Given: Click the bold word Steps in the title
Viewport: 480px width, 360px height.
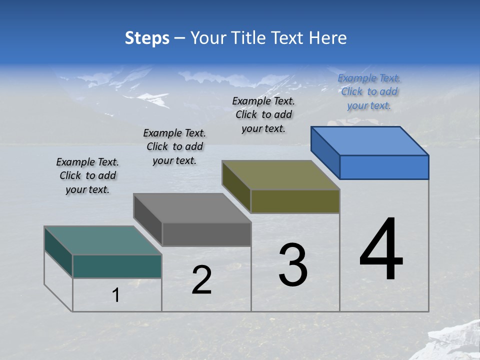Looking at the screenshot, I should pos(146,38).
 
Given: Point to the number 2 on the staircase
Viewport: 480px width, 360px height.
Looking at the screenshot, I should pos(202,280).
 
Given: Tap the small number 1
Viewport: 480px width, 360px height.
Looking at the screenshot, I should pos(116,295).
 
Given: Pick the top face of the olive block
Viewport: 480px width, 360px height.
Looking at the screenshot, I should pos(280,175).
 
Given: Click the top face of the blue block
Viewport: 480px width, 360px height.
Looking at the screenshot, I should pos(369,141).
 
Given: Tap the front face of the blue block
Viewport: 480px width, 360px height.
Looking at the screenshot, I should pos(384,167).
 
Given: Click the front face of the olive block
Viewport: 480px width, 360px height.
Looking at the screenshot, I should pos(295,201).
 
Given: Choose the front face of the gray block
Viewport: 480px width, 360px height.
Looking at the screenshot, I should pos(206,234).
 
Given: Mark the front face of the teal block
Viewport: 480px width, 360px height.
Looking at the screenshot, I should pos(117,266).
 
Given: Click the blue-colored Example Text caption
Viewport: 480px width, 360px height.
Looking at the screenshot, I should pos(369,91).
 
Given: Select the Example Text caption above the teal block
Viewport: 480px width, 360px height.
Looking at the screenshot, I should pos(87,175).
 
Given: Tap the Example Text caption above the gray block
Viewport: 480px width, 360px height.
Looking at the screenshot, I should pos(174,146).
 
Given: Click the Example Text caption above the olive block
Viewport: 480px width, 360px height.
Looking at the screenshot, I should pos(263,114).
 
